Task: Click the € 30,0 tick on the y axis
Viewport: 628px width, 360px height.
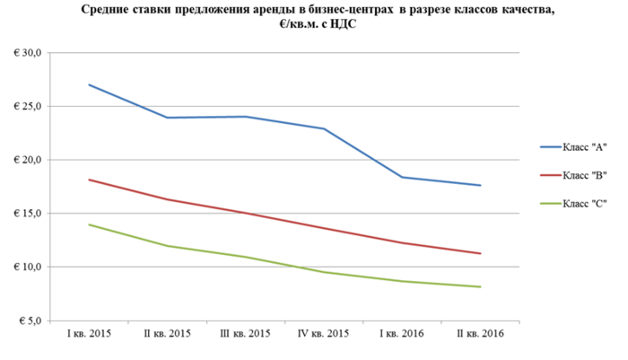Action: pyautogui.click(x=26, y=53)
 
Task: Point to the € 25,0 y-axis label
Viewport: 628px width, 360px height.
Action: pyautogui.click(x=26, y=107)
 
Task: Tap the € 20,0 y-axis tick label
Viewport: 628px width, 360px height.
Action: pyautogui.click(x=26, y=160)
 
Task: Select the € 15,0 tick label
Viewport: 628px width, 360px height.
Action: pyautogui.click(x=26, y=214)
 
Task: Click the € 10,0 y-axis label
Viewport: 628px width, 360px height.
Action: pyautogui.click(x=26, y=268)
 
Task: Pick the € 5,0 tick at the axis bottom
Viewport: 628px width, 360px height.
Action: pyautogui.click(x=28, y=320)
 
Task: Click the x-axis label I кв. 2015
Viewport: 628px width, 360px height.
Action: pyautogui.click(x=89, y=333)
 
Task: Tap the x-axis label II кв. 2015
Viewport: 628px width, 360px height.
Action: pyautogui.click(x=168, y=333)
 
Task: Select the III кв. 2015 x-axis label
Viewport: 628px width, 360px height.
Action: pyautogui.click(x=246, y=333)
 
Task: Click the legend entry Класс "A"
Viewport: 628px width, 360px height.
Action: pyautogui.click(x=584, y=146)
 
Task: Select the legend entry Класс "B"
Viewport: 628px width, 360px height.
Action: pyautogui.click(x=584, y=174)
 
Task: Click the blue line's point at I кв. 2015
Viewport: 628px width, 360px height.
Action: pyautogui.click(x=89, y=84)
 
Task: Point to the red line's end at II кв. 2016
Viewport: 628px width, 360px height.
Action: pyautogui.click(x=480, y=253)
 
